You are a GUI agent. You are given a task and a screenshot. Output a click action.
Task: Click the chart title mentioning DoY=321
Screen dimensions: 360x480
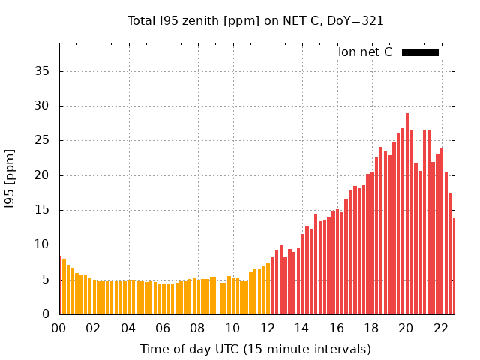pyautogui.click(x=256, y=20)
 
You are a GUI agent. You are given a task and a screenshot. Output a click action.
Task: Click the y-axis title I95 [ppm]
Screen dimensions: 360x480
pyautogui.click(x=10, y=178)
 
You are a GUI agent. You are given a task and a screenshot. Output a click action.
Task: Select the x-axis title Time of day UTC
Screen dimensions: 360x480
pyautogui.click(x=256, y=349)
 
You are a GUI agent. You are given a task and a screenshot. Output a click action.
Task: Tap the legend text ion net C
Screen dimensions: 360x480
pyautogui.click(x=365, y=52)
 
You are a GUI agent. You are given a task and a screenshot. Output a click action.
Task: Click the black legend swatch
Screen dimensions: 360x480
pyautogui.click(x=420, y=52)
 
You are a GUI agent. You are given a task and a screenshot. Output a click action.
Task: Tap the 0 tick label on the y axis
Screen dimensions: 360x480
pyautogui.click(x=46, y=314)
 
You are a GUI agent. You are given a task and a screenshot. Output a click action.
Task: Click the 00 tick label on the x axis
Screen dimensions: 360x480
pyautogui.click(x=58, y=328)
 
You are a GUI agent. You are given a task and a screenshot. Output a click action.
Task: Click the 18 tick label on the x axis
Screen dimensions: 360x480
pyautogui.click(x=371, y=328)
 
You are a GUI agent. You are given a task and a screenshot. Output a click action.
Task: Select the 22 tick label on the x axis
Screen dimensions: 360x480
pyautogui.click(x=441, y=328)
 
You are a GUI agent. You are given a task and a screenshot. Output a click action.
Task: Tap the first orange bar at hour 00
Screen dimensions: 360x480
pyautogui.click(x=60, y=285)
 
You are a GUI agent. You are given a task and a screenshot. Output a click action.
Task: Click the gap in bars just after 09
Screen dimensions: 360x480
pyautogui.click(x=218, y=300)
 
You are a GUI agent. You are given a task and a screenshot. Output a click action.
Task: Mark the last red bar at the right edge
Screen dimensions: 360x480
pyautogui.click(x=454, y=266)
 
